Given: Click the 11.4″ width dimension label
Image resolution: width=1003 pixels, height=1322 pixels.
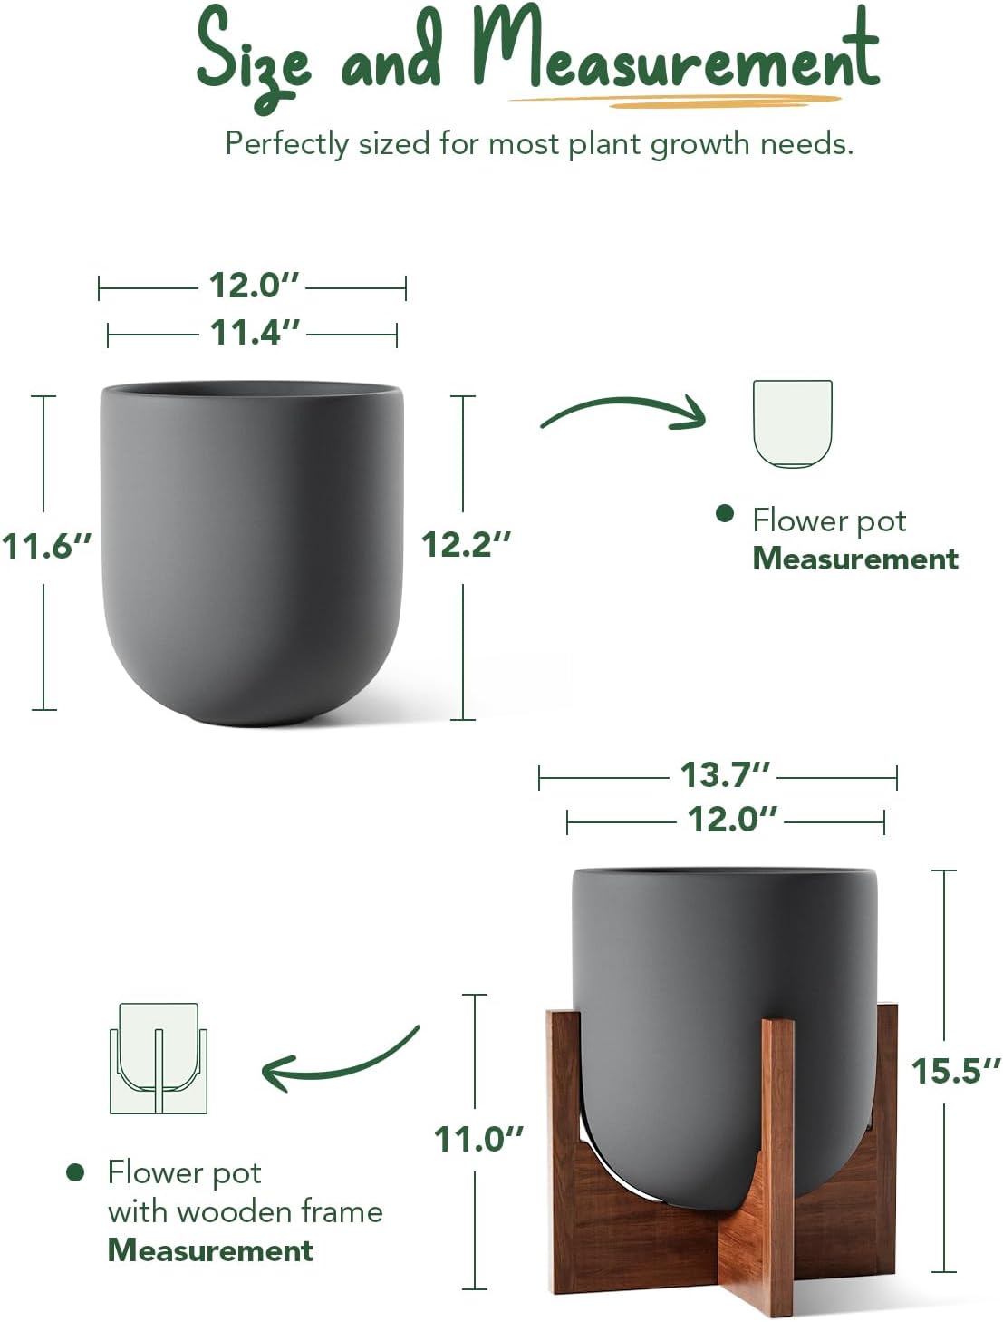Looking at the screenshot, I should [254, 333].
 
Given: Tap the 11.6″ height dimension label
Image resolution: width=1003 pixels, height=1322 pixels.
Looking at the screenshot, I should [47, 547].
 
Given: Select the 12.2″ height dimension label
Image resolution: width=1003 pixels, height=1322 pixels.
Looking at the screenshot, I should [466, 545].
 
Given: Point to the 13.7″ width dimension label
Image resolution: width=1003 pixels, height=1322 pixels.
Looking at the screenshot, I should [725, 775].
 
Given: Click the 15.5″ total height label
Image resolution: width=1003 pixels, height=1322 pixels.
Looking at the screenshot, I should [955, 1072].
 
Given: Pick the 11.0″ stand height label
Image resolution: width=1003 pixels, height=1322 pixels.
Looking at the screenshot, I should [478, 1139].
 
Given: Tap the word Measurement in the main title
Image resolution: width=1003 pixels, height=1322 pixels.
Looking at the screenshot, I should [675, 54].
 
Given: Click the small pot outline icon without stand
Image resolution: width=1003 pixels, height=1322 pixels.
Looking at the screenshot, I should [792, 423].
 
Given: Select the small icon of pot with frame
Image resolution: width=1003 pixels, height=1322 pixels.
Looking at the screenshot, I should [159, 1058].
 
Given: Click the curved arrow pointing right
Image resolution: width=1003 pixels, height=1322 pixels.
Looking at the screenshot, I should [623, 413].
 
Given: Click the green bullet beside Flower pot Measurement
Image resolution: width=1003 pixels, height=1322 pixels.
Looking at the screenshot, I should [724, 514].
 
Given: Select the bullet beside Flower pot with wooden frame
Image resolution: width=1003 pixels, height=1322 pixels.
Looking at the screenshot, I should [75, 1172].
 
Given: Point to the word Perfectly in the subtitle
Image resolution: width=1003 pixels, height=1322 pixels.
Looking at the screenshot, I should [286, 143].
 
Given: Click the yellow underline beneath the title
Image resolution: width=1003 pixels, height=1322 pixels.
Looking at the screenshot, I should [675, 100].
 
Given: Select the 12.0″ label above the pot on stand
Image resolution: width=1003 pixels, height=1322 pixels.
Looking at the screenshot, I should [732, 820].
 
